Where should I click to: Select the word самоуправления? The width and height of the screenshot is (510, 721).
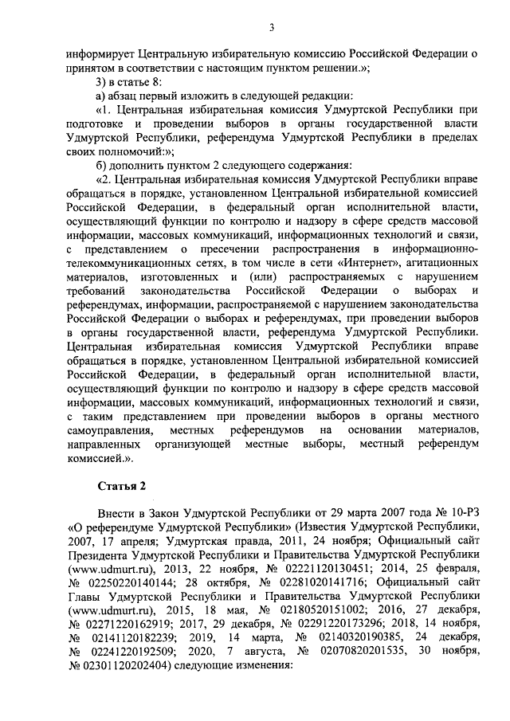pyautogui.click(x=111, y=431)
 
